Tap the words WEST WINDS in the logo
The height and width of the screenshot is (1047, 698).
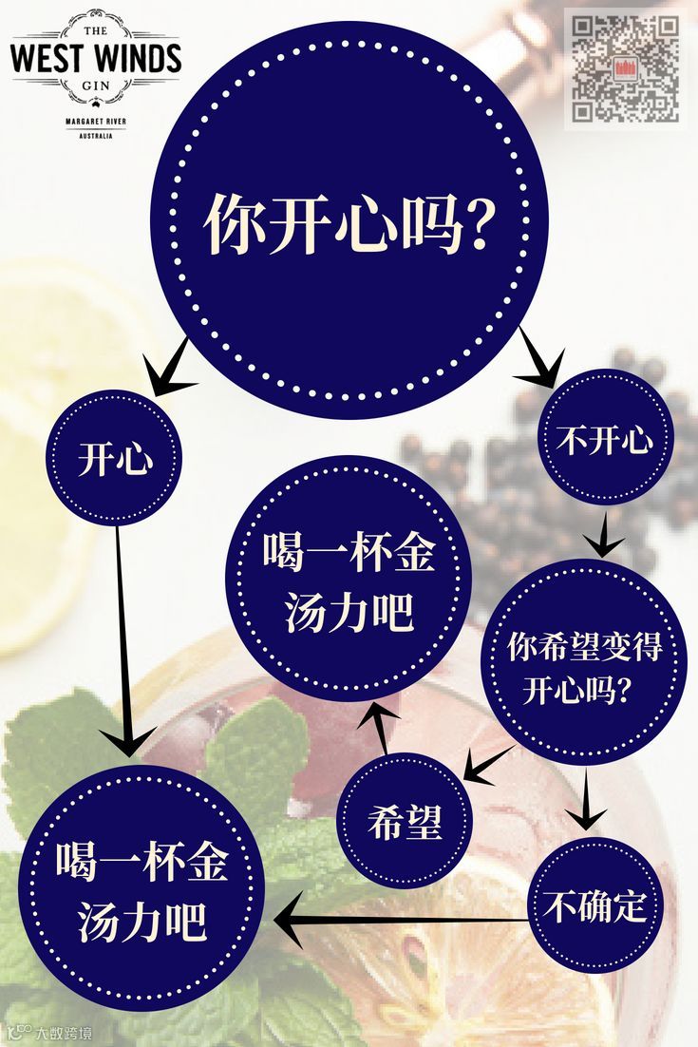pyautogui.click(x=94, y=57)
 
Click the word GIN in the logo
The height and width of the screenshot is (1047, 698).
pyautogui.click(x=95, y=85)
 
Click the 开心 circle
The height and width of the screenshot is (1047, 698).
pyautogui.click(x=116, y=461)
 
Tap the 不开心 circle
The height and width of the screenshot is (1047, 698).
pyautogui.click(x=605, y=439)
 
